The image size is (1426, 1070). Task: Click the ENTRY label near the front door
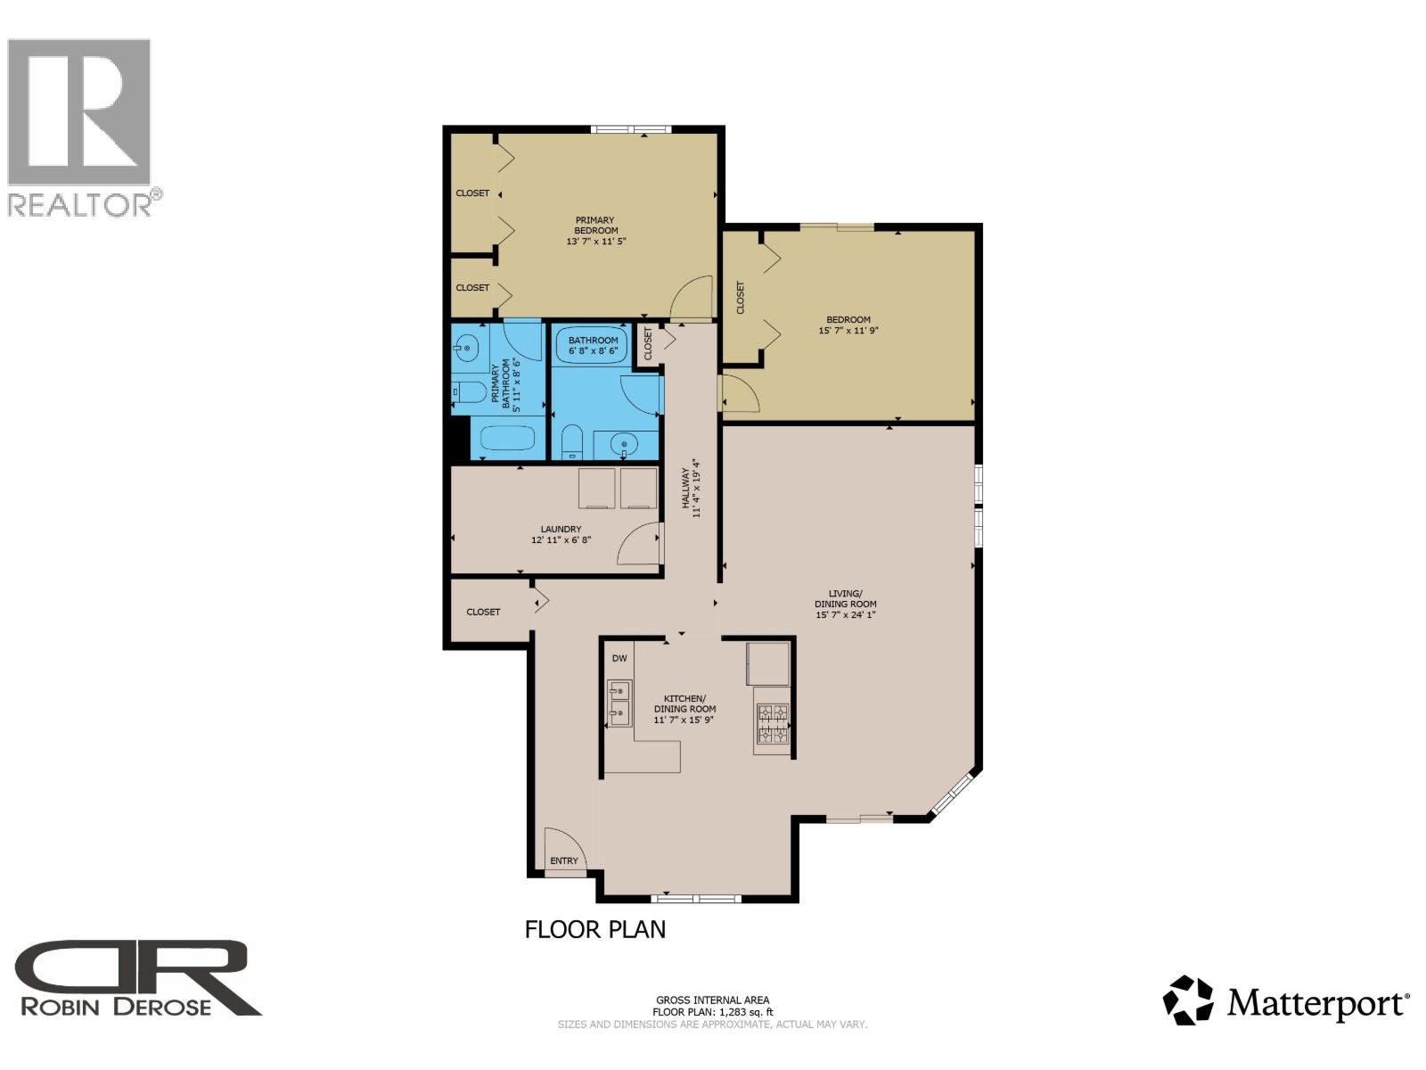click(563, 860)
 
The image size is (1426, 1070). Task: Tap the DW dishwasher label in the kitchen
click(619, 659)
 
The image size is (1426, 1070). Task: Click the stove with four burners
click(772, 723)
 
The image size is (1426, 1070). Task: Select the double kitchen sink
click(619, 702)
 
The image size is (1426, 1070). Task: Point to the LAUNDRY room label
click(561, 530)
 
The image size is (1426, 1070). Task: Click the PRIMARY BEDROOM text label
click(594, 225)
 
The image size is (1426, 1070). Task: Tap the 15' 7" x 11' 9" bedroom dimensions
click(848, 331)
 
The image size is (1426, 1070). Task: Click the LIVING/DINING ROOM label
click(845, 598)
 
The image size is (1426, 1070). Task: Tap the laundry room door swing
click(639, 544)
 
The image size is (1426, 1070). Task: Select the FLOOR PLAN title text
click(594, 929)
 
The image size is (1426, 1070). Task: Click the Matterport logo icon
click(1188, 1000)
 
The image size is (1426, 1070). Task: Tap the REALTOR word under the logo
click(80, 205)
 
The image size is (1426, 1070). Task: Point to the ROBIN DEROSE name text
click(116, 1007)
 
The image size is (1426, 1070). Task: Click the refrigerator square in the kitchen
click(768, 663)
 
